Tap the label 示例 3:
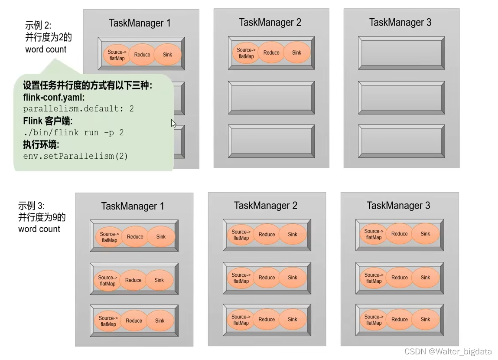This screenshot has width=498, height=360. coord(31,206)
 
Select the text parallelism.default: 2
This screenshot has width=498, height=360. coord(78,109)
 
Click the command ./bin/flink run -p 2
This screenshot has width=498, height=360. coord(73,132)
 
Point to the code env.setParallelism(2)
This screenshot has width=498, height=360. coord(75,156)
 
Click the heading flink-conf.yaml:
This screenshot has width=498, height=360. coord(54,98)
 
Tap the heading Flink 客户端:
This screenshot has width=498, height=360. coord(48,121)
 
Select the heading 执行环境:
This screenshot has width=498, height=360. coord(41,144)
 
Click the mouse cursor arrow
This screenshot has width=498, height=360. coord(173,123)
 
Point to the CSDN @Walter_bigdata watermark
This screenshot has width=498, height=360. coord(448,352)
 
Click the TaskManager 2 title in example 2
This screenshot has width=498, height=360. coord(270,23)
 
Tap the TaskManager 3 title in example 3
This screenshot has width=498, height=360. coord(398,206)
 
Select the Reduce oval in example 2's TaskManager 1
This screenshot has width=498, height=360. coord(142,55)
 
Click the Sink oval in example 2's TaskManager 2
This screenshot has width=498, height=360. coord(296,53)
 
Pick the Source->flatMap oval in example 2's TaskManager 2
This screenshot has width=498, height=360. coord(246,53)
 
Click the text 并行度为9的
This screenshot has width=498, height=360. coord(42,217)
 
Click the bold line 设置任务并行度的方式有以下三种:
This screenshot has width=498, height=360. coord(88,86)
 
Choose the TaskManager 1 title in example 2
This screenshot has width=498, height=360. coord(140,23)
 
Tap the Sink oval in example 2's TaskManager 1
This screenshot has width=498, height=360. coord(167,55)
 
